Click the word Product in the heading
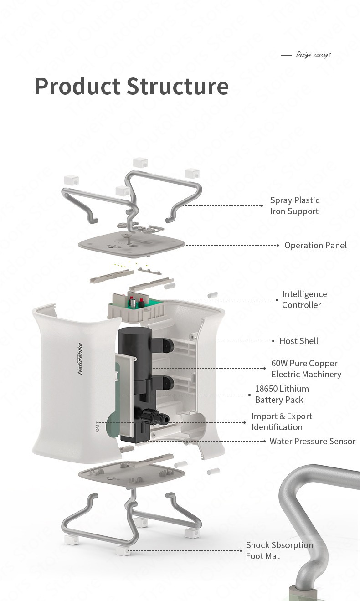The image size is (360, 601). point(77,86)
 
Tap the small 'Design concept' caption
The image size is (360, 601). point(313,55)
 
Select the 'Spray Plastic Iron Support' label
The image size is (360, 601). point(294,205)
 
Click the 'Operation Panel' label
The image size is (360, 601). point(315,245)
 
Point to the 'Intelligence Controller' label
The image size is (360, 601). point(304,299)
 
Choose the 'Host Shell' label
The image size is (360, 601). point(298,341)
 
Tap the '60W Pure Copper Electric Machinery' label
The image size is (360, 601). point(306,369)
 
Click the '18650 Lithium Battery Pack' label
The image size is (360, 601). point(282,394)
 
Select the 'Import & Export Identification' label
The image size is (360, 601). point(281,421)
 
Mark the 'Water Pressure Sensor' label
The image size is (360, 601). point(312,441)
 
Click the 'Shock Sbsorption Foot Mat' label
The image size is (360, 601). point(279,550)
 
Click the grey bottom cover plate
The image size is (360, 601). point(132,472)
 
